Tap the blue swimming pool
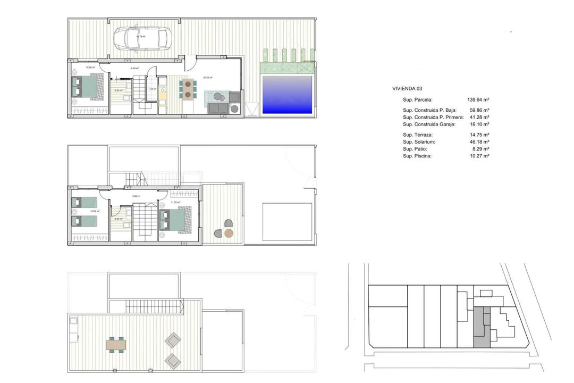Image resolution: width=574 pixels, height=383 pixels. tap(287, 95)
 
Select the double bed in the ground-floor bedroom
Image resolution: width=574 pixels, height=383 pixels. tap(86, 87)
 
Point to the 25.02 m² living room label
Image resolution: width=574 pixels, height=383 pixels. tap(207, 78)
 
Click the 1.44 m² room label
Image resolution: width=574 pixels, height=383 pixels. tap(151, 89)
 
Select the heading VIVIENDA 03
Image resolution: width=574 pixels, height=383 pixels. tap(407, 88)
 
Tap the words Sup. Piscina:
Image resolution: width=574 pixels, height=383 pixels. tap(417, 156)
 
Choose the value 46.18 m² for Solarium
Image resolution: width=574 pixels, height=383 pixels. tap(478, 142)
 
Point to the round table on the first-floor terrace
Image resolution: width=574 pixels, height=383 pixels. tap(229, 233)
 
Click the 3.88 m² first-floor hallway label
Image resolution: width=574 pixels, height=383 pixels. tap(136, 196)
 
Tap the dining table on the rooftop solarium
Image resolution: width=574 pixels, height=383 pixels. tap(116, 344)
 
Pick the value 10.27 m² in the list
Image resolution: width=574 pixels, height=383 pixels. tap(478, 156)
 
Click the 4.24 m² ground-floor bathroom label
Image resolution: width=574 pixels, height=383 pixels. tap(117, 90)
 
